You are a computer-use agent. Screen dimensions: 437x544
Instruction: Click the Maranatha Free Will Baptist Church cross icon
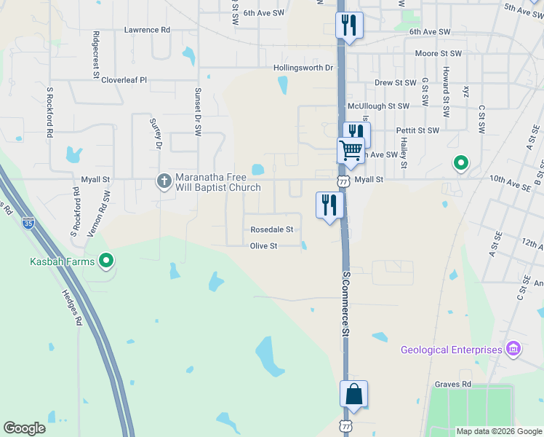(x=165, y=180)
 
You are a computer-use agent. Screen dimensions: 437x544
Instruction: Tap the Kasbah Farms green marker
(x=107, y=259)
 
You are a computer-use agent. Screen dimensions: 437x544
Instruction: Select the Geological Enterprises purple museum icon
(x=513, y=350)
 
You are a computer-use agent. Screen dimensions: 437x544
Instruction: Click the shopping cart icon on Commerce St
(x=351, y=151)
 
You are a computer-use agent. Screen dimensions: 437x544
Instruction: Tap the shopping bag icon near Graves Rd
(x=353, y=394)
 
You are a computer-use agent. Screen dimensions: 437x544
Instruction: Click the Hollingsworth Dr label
(x=303, y=68)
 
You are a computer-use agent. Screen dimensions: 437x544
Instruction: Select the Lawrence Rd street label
(x=147, y=30)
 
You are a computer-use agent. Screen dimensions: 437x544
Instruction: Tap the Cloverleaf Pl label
(x=124, y=80)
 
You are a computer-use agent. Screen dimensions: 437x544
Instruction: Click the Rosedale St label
(x=271, y=229)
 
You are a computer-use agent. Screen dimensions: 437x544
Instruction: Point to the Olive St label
(x=264, y=246)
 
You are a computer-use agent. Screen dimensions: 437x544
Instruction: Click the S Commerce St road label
(x=346, y=302)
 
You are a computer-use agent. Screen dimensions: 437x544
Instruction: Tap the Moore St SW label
(x=438, y=54)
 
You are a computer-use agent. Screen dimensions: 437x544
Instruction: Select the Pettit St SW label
(x=417, y=130)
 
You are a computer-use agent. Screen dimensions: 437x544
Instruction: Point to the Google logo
(x=24, y=428)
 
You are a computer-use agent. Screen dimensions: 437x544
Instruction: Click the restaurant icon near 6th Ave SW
(x=349, y=25)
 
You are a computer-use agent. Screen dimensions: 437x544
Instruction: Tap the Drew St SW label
(x=395, y=83)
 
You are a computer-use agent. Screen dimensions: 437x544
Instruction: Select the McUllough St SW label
(x=379, y=106)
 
